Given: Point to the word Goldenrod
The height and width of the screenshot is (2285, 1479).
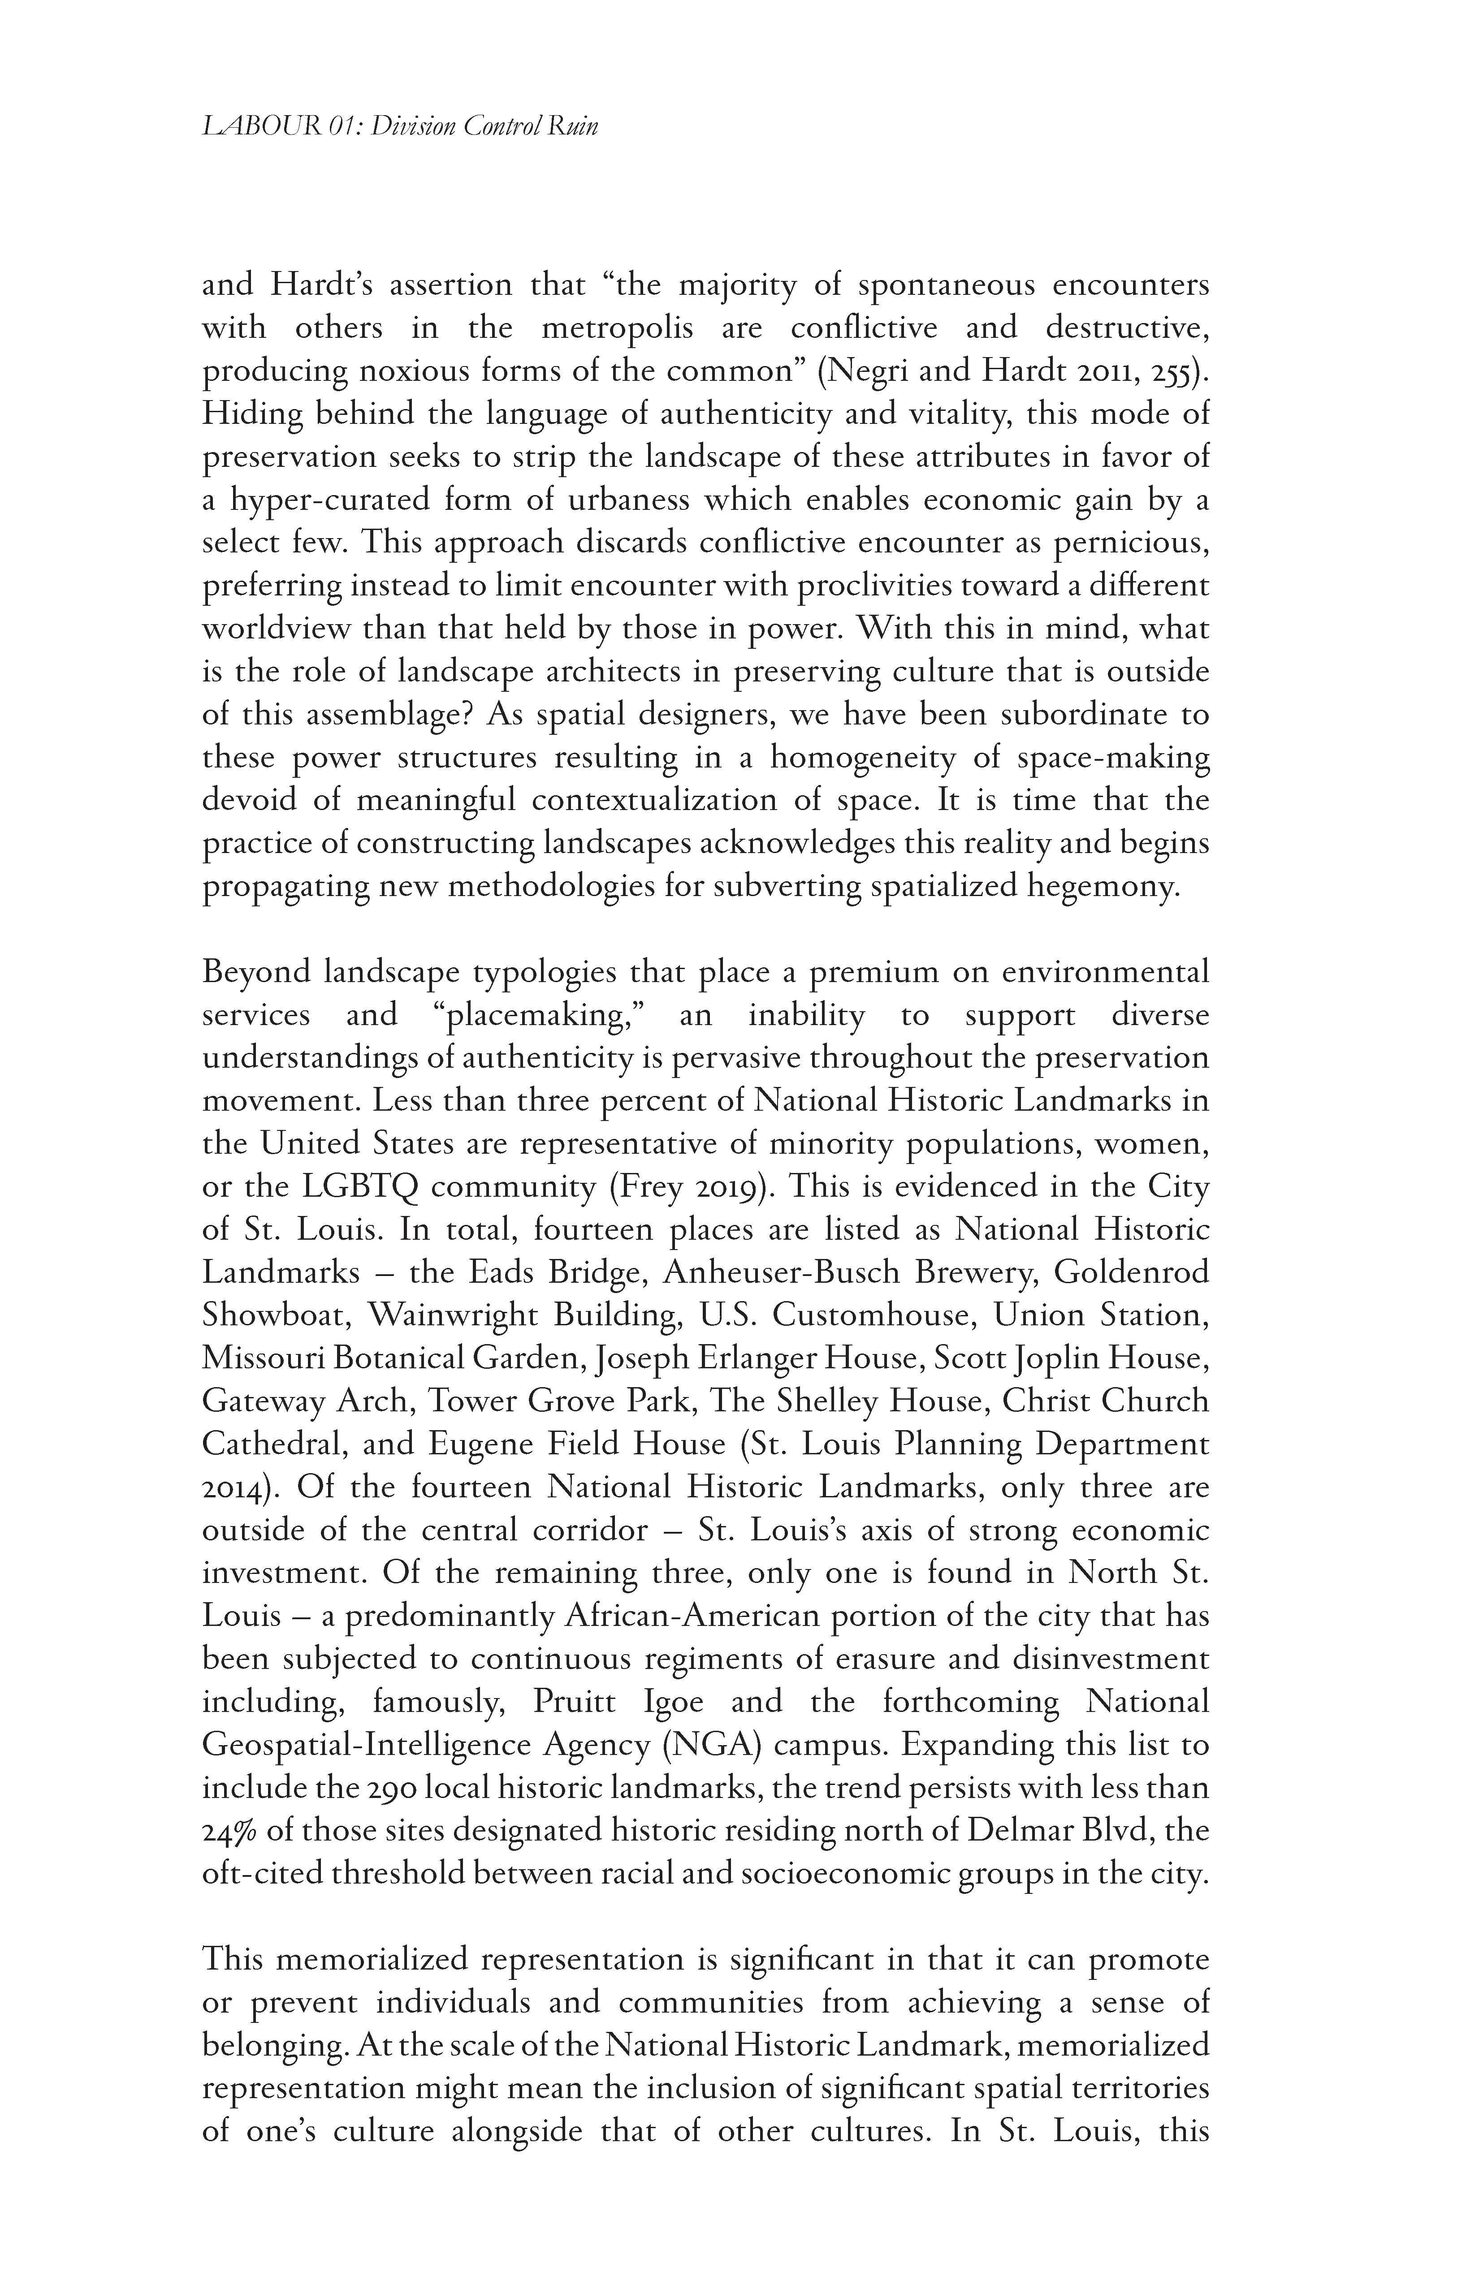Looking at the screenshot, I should pyautogui.click(x=1131, y=1273).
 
